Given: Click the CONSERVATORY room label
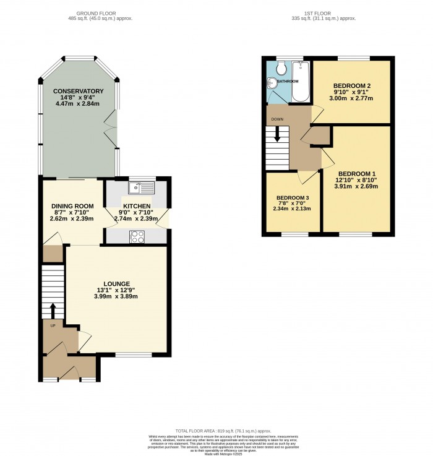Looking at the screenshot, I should tap(78, 92).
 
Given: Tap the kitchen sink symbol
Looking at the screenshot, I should tap(137, 186).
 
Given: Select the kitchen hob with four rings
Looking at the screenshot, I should tap(137, 236).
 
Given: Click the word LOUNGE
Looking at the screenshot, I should tap(116, 283).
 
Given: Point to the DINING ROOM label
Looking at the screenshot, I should tap(71, 206).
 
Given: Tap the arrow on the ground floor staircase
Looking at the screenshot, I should tap(52, 309).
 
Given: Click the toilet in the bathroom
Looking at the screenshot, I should tap(281, 67).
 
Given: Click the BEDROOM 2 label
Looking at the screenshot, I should tap(351, 85).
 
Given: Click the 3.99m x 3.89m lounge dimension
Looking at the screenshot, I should tap(116, 296).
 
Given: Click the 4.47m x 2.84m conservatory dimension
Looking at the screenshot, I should tap(78, 104).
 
